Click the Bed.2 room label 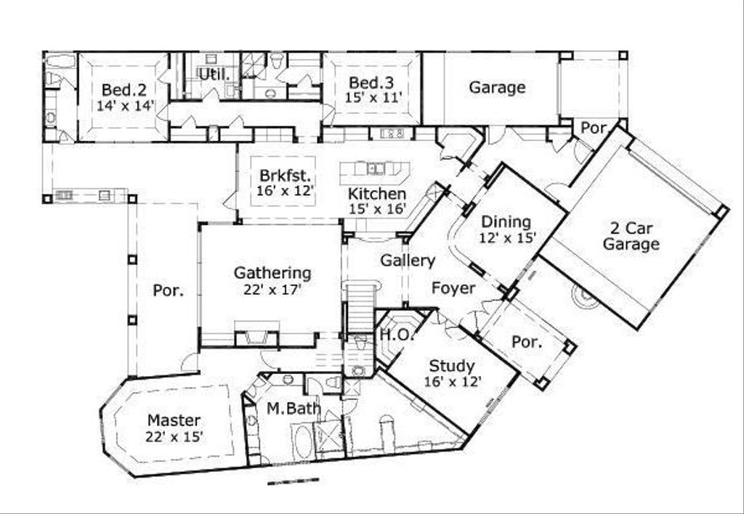(124, 89)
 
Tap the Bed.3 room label (371, 82)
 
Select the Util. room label (214, 73)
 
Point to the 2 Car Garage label (631, 235)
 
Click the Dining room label (506, 221)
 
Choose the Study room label (451, 365)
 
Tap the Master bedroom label (174, 420)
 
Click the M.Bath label (294, 409)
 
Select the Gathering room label (272, 273)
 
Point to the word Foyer (453, 288)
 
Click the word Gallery (408, 261)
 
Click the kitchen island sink (376, 169)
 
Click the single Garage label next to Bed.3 (496, 88)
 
